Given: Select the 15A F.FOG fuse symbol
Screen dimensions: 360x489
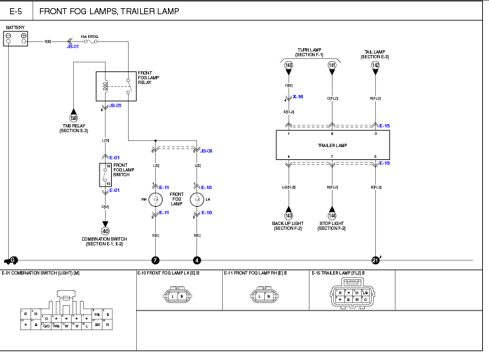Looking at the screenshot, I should click(x=89, y=41).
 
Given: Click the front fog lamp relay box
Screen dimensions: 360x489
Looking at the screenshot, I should click(x=116, y=86).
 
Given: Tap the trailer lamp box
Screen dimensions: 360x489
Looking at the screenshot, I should click(x=333, y=145).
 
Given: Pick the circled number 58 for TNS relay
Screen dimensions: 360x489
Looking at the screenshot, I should click(x=74, y=118).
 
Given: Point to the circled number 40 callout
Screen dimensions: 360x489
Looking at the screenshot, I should click(x=105, y=231).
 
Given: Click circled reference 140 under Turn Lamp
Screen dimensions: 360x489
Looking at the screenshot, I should click(x=289, y=66).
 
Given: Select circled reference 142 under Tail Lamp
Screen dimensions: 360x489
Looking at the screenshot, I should click(x=375, y=66).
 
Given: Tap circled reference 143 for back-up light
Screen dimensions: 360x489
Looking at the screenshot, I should click(x=289, y=216).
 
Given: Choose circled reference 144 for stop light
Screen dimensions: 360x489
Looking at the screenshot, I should click(x=332, y=216).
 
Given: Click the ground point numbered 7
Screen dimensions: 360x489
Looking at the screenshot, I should click(x=155, y=260).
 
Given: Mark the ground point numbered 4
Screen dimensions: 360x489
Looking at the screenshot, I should click(x=197, y=260).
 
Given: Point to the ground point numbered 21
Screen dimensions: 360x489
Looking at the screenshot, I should click(x=375, y=260).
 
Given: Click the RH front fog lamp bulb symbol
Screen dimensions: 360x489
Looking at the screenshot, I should click(x=155, y=199).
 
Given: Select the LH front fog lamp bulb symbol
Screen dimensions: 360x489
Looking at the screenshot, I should click(x=197, y=199).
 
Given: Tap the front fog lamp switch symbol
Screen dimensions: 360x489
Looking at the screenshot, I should click(x=105, y=174).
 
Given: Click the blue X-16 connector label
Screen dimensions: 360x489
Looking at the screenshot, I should click(x=298, y=97).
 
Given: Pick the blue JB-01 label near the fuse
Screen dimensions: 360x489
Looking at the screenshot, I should click(x=73, y=47).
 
